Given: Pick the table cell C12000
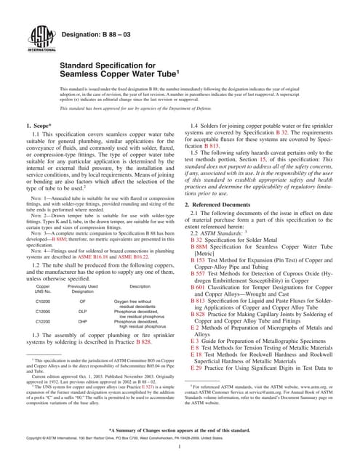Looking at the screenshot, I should [x=43, y=311].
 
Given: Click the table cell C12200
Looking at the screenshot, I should [x=43, y=323].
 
